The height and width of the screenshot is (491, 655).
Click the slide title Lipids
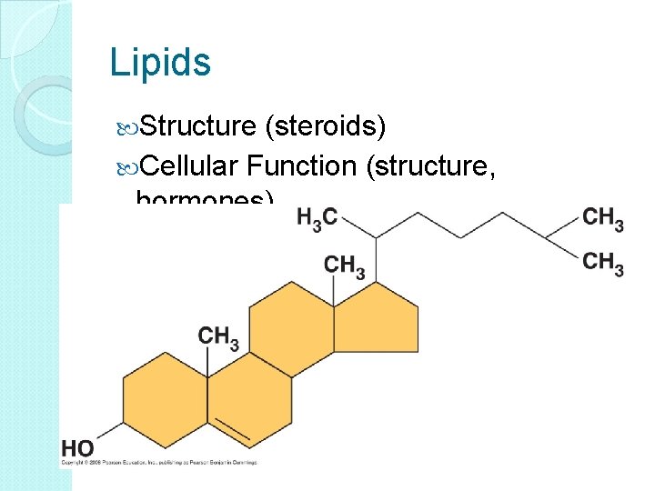[x=159, y=62]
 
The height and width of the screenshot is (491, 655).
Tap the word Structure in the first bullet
[x=198, y=126]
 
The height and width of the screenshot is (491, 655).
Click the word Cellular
[x=189, y=165]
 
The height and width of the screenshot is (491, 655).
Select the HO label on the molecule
[x=77, y=447]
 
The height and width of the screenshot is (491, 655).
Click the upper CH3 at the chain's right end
[x=603, y=218]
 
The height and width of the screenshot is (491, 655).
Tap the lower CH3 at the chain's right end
[x=603, y=264]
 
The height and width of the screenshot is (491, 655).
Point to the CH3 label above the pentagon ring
[x=345, y=266]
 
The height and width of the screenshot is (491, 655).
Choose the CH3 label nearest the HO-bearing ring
[x=218, y=336]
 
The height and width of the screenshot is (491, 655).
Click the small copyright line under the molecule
[x=159, y=463]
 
